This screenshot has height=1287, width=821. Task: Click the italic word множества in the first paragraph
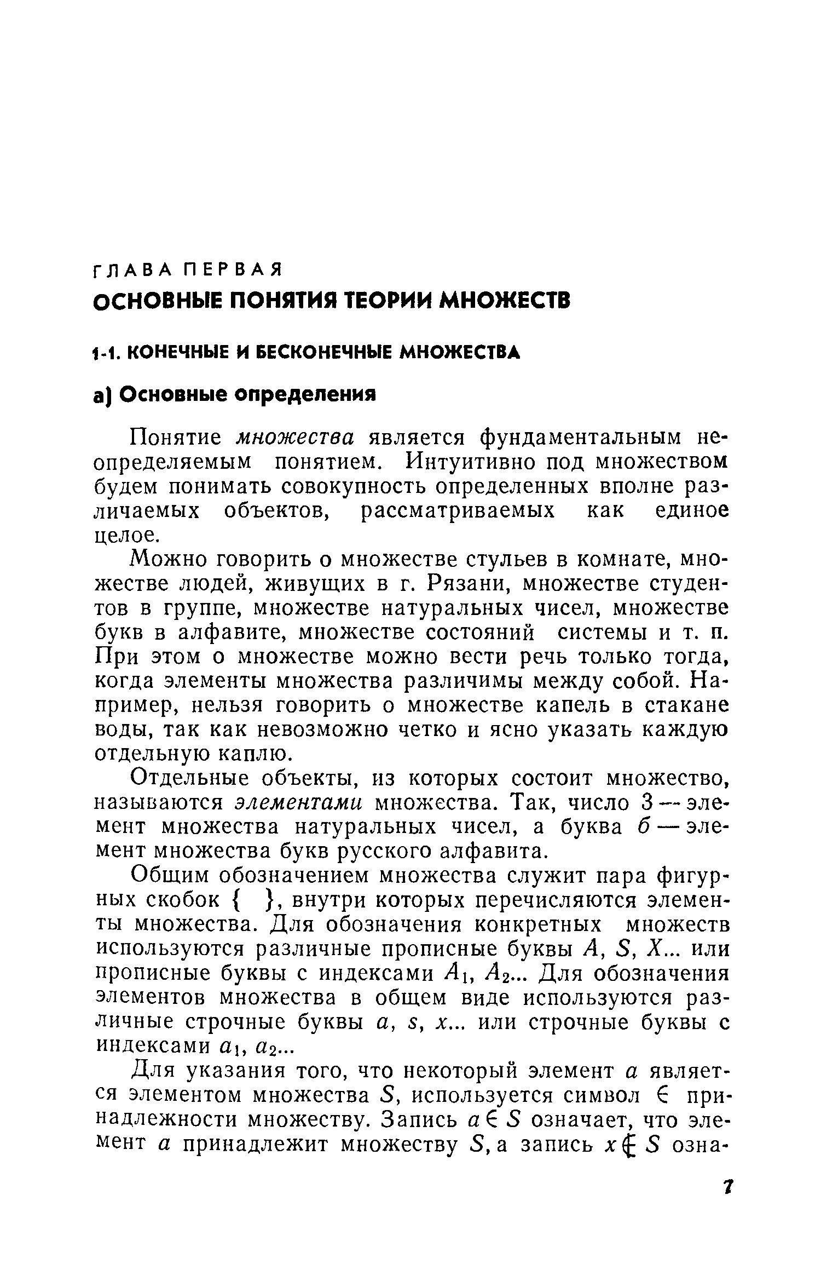296,438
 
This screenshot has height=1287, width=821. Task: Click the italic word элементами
299,803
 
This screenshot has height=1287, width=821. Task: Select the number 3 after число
646,803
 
